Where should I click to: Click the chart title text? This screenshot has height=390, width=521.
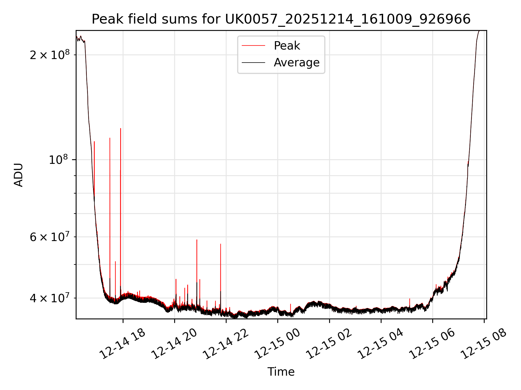[x=281, y=19]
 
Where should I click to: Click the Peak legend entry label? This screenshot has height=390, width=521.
[x=287, y=46]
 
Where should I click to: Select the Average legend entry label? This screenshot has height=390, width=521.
[x=297, y=63]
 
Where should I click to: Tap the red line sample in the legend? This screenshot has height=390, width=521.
[x=253, y=46]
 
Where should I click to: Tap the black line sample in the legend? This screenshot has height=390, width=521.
[x=253, y=63]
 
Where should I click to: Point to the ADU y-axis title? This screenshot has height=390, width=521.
[x=18, y=175]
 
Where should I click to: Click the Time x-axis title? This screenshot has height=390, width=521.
[x=281, y=372]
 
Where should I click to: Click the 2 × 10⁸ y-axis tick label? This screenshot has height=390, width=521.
[x=50, y=55]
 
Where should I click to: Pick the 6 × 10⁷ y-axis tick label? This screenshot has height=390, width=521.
[x=50, y=237]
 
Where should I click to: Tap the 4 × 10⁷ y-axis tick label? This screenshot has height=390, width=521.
[x=50, y=298]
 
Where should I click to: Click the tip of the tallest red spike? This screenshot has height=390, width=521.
[x=120, y=128]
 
